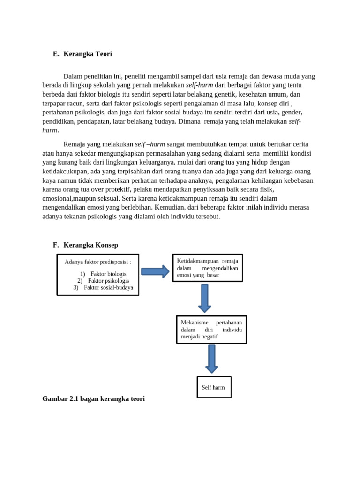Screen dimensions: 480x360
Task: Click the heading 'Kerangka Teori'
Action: (x=88, y=54)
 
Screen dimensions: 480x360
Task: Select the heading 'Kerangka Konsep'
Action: (x=90, y=245)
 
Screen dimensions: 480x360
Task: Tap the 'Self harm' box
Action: (x=214, y=387)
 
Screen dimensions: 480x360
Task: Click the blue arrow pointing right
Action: (x=155, y=271)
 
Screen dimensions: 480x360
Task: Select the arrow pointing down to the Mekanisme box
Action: (x=204, y=298)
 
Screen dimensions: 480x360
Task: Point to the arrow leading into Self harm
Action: (x=212, y=359)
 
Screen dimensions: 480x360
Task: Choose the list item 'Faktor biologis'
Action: (x=108, y=274)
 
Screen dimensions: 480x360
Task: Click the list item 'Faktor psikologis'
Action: (x=108, y=281)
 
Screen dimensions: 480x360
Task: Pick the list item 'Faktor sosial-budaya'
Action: (x=108, y=288)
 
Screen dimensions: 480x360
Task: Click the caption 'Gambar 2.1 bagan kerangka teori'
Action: (x=93, y=398)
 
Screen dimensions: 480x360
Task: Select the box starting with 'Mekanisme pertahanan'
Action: (x=211, y=330)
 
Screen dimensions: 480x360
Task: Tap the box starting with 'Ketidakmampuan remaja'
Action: (x=207, y=268)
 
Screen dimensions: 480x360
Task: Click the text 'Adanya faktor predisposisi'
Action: (x=97, y=262)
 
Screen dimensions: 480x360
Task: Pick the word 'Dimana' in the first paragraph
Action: (x=189, y=121)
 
